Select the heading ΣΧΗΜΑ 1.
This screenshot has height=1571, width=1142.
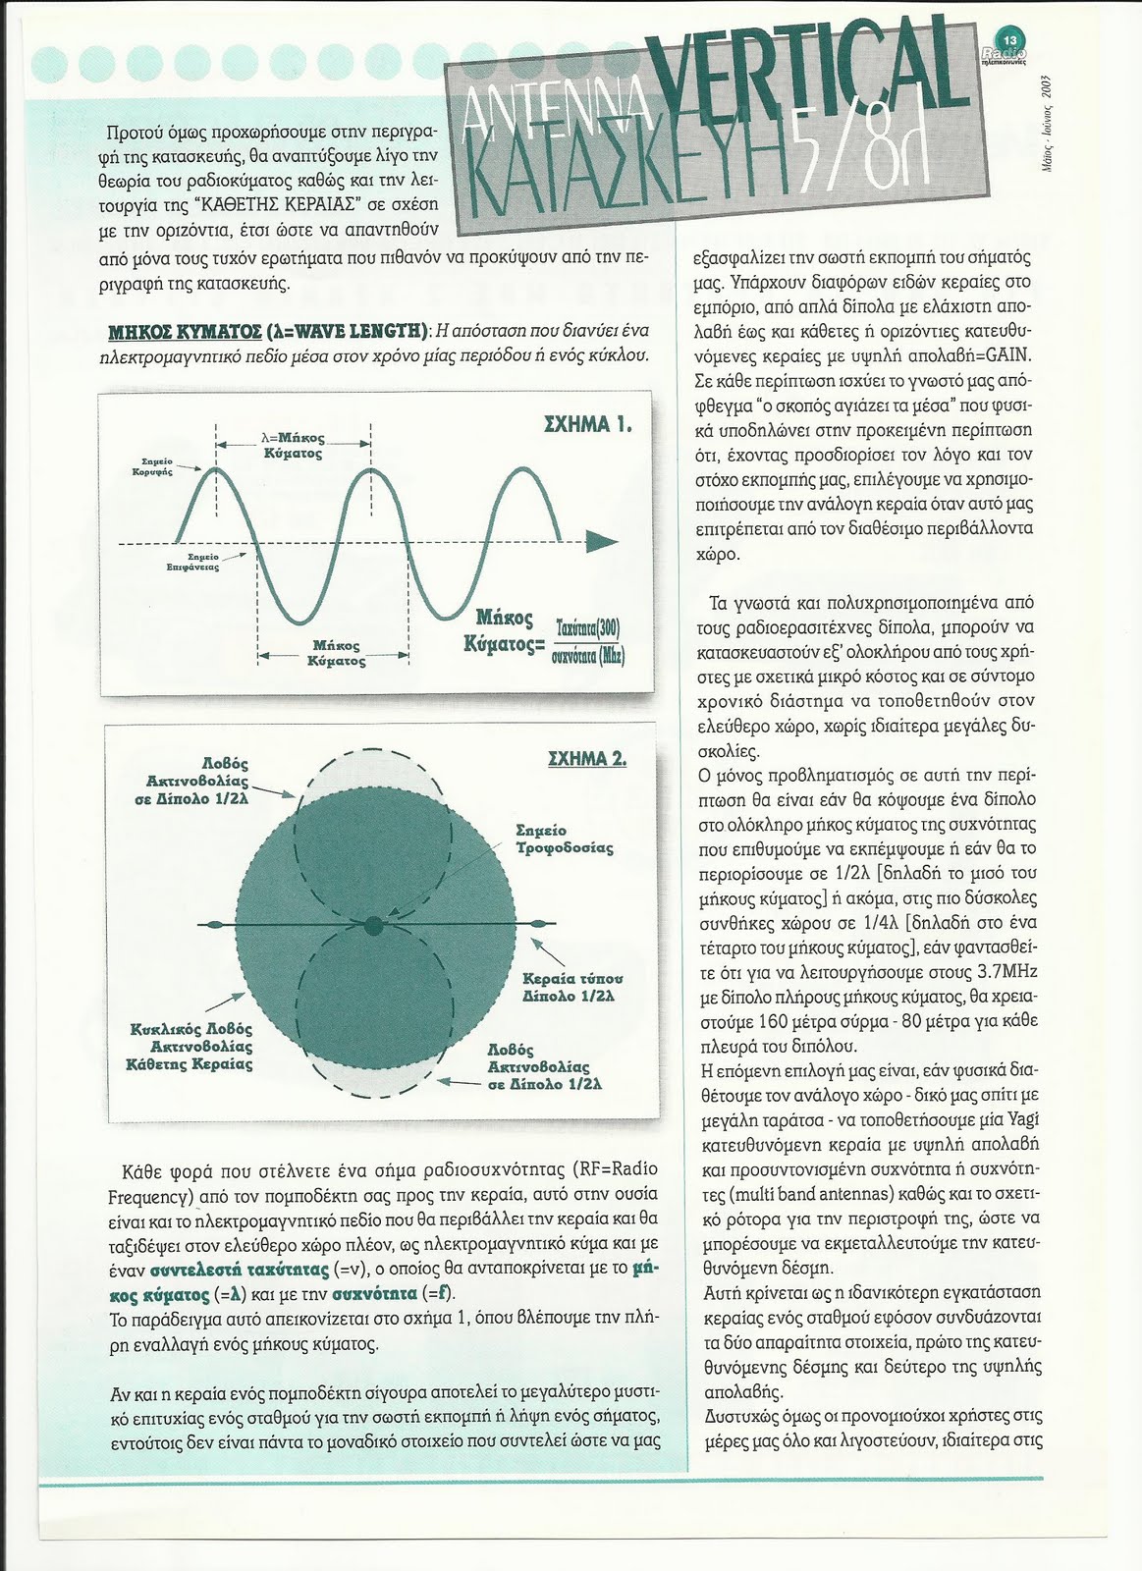click(x=587, y=425)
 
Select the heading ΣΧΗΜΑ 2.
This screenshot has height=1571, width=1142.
click(x=585, y=758)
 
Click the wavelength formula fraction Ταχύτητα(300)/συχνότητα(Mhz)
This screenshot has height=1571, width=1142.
click(x=587, y=641)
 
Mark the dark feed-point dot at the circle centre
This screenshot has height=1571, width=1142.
click(x=372, y=925)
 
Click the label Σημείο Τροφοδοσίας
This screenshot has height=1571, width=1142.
click(x=564, y=839)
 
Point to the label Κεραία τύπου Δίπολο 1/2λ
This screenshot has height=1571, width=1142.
click(x=572, y=987)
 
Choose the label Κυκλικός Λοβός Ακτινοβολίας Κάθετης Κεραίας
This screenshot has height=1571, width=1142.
click(x=191, y=1046)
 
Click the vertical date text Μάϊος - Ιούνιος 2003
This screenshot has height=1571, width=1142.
click(x=1047, y=122)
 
